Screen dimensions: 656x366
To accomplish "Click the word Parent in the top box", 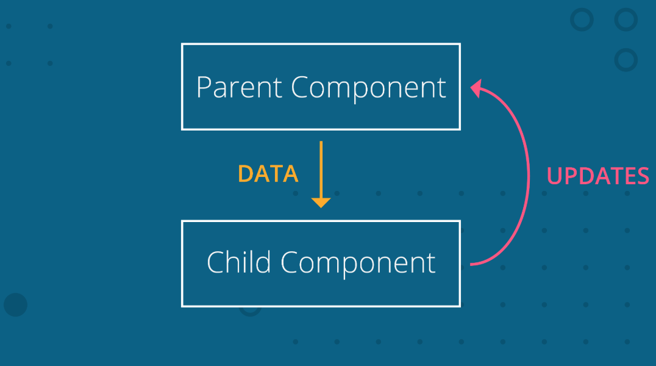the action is pyautogui.click(x=240, y=87).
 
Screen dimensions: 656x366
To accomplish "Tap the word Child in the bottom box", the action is pyautogui.click(x=238, y=262).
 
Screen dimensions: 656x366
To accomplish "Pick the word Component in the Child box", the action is pyautogui.click(x=358, y=264).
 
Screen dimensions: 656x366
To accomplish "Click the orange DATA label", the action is pyautogui.click(x=268, y=174).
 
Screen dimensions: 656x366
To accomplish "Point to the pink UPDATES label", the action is pyautogui.click(x=598, y=176).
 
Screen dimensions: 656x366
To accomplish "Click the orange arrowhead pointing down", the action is pyautogui.click(x=321, y=203).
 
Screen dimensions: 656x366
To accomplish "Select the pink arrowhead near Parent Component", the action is pyautogui.click(x=476, y=88).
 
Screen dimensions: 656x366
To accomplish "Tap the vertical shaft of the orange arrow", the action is pyautogui.click(x=321, y=170).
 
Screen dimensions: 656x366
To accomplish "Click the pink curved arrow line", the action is pyautogui.click(x=528, y=176).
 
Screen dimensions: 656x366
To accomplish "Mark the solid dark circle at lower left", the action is pyautogui.click(x=15, y=305).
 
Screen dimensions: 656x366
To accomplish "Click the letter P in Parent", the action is pyautogui.click(x=204, y=87).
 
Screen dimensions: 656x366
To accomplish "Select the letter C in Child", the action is pyautogui.click(x=216, y=262).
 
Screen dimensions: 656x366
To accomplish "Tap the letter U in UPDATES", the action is pyautogui.click(x=555, y=176).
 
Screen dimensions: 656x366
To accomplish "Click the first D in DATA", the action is pyautogui.click(x=246, y=174).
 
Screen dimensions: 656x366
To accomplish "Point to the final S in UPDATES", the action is pyautogui.click(x=643, y=176).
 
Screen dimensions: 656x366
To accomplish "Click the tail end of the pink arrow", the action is pyautogui.click(x=471, y=264).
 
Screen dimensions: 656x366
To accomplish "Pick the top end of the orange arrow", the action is pyautogui.click(x=321, y=142).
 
